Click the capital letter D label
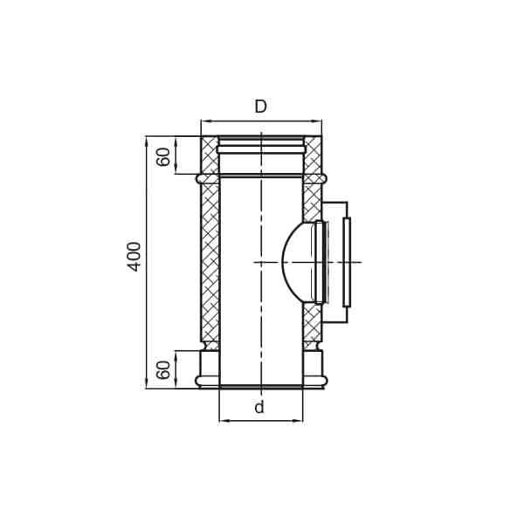[x=260, y=107]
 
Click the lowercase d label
[x=259, y=408]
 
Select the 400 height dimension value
[x=134, y=256]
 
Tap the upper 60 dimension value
[x=164, y=156]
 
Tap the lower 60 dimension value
[x=164, y=369]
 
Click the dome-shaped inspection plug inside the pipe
[x=297, y=262]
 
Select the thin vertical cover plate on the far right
[x=347, y=262]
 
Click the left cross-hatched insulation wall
[x=210, y=262]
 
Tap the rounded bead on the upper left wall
[x=201, y=178]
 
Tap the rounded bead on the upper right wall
[x=322, y=178]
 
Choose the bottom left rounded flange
[x=201, y=381]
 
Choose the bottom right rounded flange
[x=321, y=381]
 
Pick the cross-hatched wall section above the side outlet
[x=312, y=201]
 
